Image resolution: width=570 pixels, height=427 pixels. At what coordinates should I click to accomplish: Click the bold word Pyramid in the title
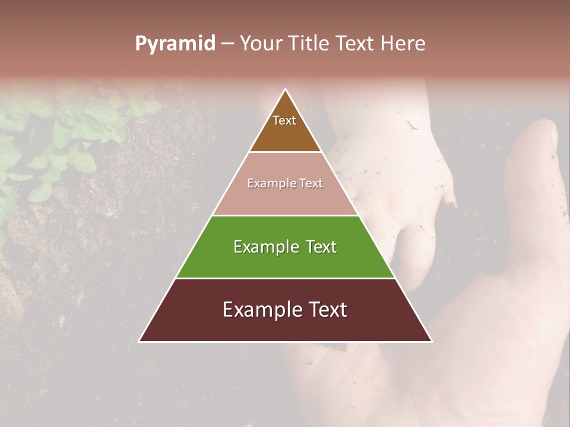[175, 43]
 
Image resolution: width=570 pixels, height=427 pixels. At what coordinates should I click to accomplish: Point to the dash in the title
[227, 44]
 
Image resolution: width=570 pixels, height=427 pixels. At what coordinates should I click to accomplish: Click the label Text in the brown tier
[284, 120]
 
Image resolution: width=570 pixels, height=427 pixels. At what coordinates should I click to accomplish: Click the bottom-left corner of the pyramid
[140, 340]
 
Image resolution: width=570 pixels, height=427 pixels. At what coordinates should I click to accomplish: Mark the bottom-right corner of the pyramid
[430, 340]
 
